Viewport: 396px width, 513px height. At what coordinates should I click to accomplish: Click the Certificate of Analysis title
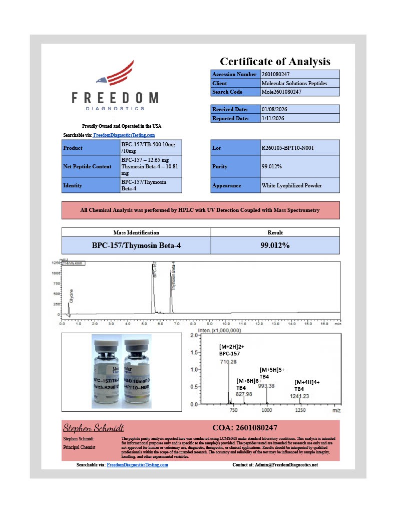[x=275, y=62]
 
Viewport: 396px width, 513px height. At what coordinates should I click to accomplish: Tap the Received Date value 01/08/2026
[x=274, y=109]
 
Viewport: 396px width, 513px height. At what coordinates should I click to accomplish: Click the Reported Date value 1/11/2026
[x=274, y=118]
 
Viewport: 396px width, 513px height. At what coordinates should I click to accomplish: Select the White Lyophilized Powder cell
[x=291, y=185]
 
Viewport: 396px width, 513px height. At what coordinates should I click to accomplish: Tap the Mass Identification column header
[x=136, y=232]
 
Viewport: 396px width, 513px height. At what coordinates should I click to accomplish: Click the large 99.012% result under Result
[x=275, y=245]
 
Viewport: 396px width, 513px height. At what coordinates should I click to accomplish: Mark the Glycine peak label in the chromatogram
[x=72, y=296]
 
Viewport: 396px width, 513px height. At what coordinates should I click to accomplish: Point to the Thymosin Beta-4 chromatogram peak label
[x=174, y=276]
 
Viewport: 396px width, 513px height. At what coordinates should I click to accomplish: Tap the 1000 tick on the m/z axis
[x=266, y=410]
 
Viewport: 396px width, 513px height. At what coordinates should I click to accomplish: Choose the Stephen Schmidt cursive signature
[x=93, y=428]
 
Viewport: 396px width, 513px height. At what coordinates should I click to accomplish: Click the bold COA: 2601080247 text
[x=245, y=428]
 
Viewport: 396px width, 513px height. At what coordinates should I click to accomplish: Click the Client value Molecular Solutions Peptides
[x=294, y=83]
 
